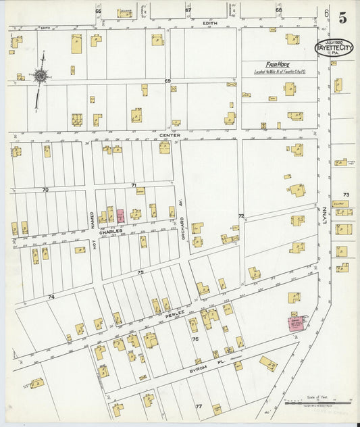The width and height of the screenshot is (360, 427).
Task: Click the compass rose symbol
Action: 40,76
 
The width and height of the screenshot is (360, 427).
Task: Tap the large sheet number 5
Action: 342,18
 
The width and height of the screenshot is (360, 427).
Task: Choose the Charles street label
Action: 111,231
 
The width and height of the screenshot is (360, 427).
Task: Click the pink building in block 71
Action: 120,216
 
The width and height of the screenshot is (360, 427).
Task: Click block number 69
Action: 168,80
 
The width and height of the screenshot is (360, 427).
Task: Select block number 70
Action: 45,190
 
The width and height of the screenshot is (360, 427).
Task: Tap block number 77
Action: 199,406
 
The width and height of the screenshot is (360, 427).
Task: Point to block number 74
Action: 51,297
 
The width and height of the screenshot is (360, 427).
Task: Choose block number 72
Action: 240,216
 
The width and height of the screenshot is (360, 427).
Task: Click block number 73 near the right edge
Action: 346,194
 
